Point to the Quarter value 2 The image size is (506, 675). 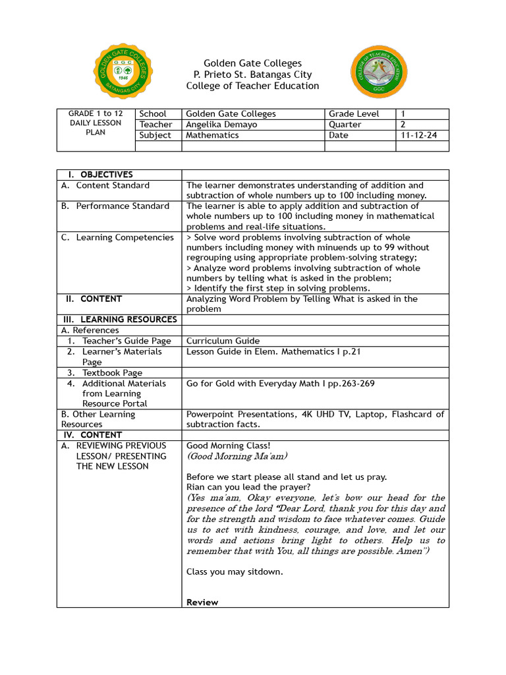403,125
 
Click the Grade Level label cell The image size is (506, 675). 354,114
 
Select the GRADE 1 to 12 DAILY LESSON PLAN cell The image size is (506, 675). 96,123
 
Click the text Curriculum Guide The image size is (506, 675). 223,341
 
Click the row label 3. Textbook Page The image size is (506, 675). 109,373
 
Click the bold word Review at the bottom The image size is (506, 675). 202,602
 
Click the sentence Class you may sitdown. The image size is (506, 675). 235,572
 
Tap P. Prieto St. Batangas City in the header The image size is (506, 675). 252,74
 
